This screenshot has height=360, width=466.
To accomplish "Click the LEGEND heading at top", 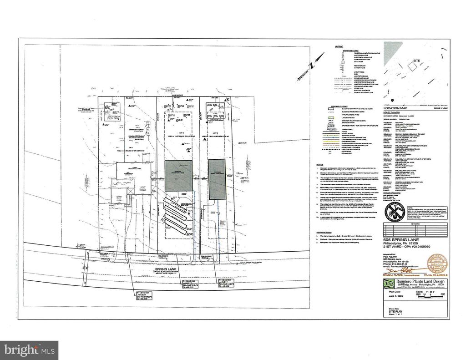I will (339, 47).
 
